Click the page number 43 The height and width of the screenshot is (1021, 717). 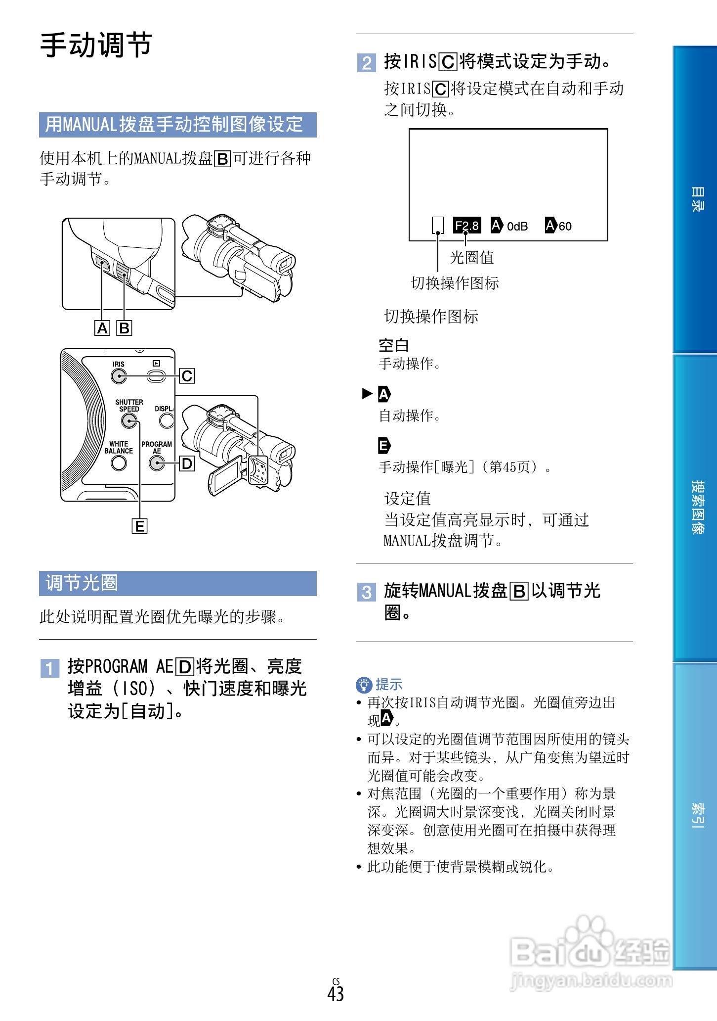[x=336, y=993]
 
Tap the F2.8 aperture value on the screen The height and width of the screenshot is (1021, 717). [x=466, y=226]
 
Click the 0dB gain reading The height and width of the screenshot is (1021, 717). [x=517, y=226]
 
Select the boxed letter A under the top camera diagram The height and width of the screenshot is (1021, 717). [x=102, y=328]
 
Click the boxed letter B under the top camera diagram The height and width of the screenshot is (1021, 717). [x=124, y=328]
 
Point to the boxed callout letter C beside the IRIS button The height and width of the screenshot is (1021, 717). [x=187, y=376]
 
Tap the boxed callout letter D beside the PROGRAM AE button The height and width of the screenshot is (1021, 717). [x=187, y=464]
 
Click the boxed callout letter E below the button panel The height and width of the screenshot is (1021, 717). [x=139, y=526]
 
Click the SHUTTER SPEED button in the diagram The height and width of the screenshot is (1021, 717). [x=129, y=420]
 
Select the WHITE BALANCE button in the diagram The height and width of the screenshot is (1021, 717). [x=119, y=463]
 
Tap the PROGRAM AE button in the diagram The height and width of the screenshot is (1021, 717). [x=157, y=463]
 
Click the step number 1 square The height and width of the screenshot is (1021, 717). [x=49, y=668]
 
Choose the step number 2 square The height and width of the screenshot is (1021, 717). [x=366, y=63]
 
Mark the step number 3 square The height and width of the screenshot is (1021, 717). [x=366, y=592]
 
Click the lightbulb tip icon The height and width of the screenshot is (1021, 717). [x=364, y=685]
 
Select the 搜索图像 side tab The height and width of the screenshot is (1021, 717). [x=696, y=507]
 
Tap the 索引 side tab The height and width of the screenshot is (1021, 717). [x=696, y=815]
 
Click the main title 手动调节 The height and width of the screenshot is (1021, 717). [x=96, y=45]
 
